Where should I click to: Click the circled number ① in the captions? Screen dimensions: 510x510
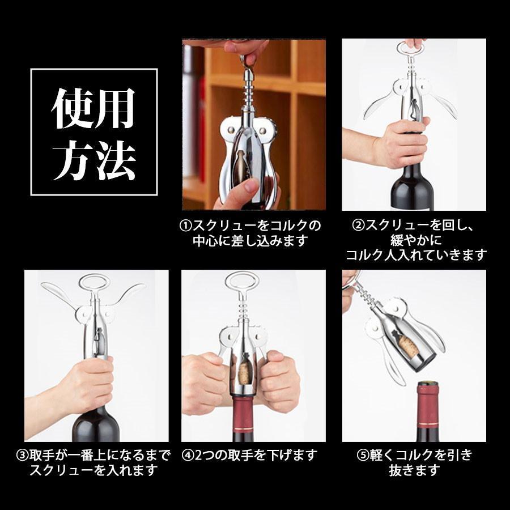point(186,226)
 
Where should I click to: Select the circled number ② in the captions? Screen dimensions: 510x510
point(359,226)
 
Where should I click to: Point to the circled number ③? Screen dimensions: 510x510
point(23,455)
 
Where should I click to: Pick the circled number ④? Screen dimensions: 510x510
point(188,455)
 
